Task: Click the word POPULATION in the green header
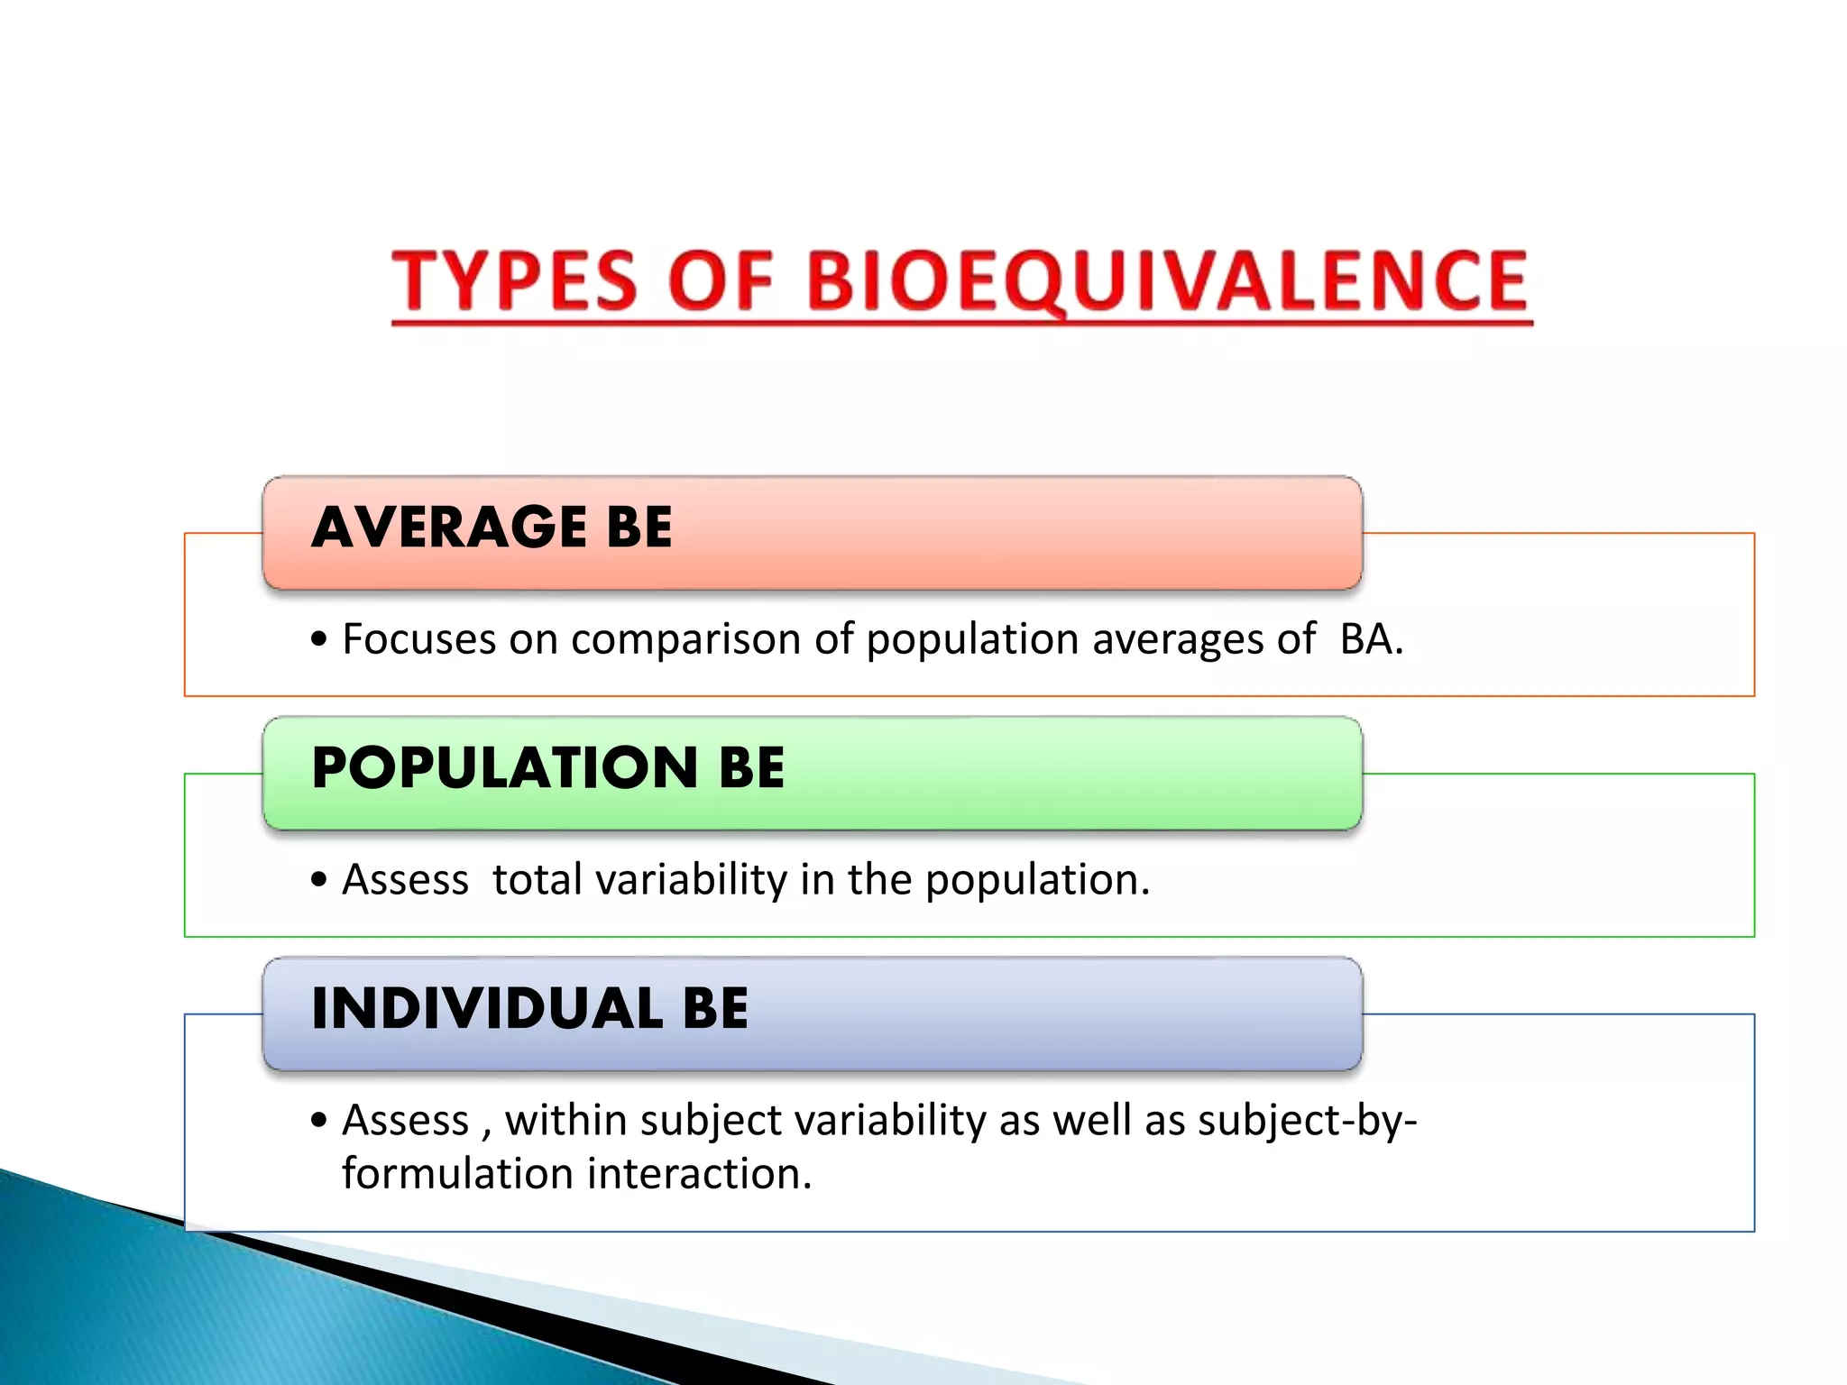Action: tap(504, 768)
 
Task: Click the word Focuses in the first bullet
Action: tap(418, 639)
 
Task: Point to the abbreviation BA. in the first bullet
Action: tap(1371, 639)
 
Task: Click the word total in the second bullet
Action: tap(537, 879)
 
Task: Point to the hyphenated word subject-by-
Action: tap(1307, 1122)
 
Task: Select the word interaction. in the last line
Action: tap(700, 1174)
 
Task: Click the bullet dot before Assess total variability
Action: tap(317, 881)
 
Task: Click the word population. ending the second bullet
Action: tap(1037, 881)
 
